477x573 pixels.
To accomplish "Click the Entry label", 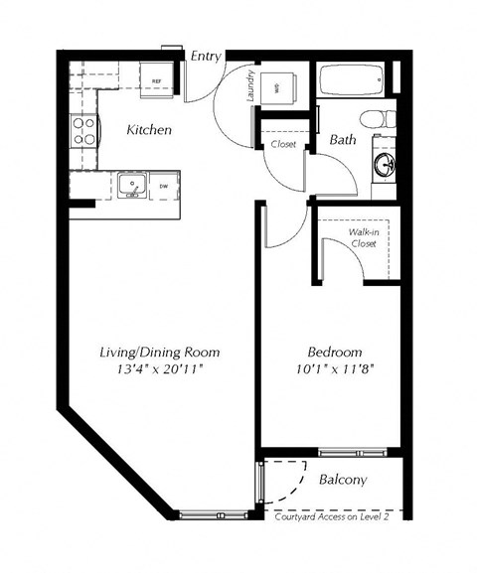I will point(206,57).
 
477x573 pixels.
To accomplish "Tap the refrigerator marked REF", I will point(156,80).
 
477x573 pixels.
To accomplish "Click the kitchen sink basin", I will point(130,185).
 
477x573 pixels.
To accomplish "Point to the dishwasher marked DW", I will point(162,186).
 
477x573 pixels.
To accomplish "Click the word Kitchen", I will point(149,130).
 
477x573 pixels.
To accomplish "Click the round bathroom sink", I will point(384,163).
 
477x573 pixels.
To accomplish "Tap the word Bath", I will point(343,141).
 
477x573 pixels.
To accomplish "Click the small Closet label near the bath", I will point(282,145).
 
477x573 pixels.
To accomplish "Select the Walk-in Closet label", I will point(361,237).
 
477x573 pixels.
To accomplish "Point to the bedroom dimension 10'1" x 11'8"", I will point(330,371).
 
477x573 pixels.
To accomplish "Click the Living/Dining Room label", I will point(159,353).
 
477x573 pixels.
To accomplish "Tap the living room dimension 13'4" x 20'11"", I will point(159,371).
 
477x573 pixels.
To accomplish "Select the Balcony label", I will point(342,480).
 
